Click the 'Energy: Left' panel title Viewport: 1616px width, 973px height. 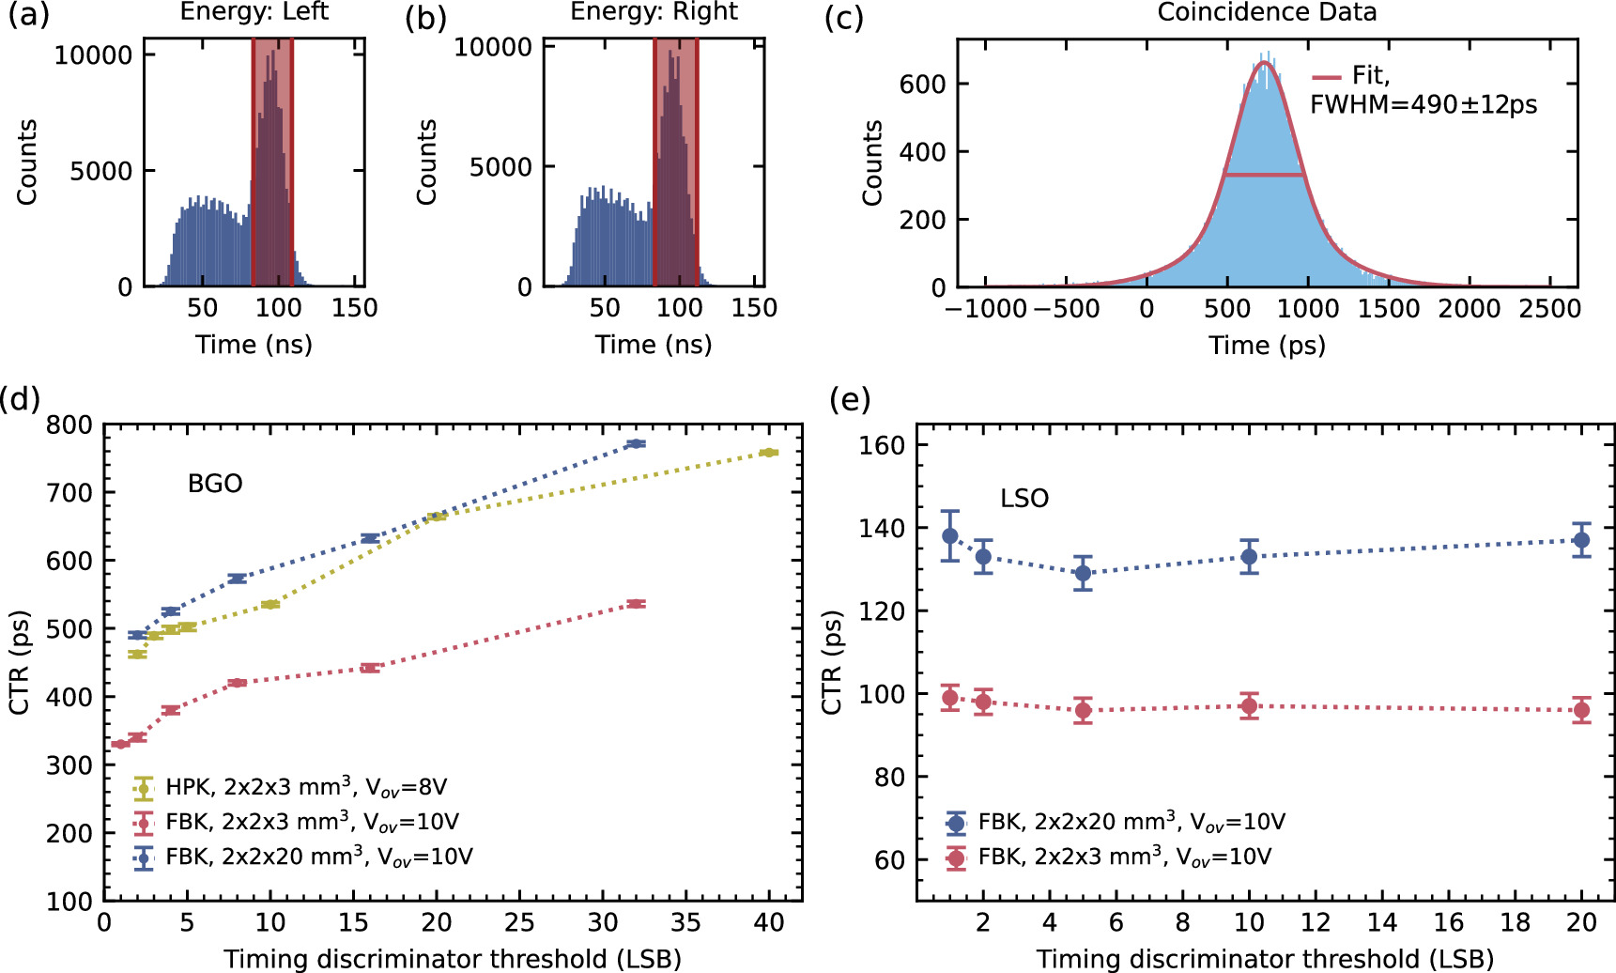[254, 11]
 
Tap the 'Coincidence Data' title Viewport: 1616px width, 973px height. [1267, 12]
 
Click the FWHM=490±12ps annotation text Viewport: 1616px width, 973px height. [1424, 104]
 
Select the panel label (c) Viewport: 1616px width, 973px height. [843, 18]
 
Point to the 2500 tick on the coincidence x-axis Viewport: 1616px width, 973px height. [1549, 308]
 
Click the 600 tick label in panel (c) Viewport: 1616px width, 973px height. [921, 84]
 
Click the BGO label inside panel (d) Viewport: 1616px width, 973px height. [215, 484]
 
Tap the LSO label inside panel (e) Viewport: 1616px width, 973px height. [1023, 498]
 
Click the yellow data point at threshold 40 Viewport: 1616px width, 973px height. [769, 453]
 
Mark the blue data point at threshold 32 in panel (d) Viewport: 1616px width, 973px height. [636, 443]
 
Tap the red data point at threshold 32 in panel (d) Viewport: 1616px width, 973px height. [636, 604]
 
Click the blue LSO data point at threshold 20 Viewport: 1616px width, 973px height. [1581, 540]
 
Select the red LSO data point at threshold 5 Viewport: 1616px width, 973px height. [1083, 711]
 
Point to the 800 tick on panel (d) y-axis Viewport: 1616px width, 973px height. [69, 425]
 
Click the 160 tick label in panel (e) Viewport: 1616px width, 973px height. [882, 445]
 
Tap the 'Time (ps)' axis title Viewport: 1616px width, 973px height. [1267, 345]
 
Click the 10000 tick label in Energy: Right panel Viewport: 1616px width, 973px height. [493, 47]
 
